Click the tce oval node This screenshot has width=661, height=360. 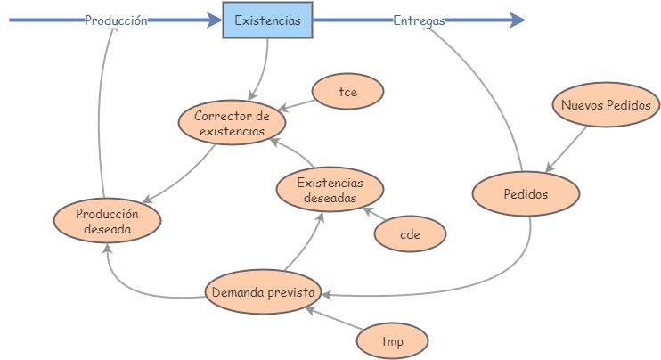(x=347, y=91)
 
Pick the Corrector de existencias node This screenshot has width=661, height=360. (x=232, y=123)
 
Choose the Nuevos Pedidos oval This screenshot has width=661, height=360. (x=606, y=105)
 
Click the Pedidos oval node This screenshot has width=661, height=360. (x=526, y=194)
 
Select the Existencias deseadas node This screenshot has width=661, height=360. (x=330, y=190)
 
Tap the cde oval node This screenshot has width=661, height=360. (x=410, y=234)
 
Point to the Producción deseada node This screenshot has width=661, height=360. (x=107, y=220)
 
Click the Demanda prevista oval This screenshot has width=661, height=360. (x=263, y=291)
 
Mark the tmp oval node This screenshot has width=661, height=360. (x=392, y=340)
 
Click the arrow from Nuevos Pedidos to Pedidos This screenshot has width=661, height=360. (x=567, y=147)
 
